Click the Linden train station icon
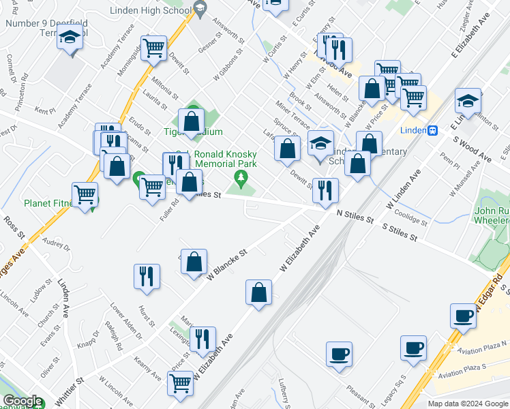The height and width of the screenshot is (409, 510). click(x=432, y=130)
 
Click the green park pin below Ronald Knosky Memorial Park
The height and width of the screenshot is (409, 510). click(x=240, y=179)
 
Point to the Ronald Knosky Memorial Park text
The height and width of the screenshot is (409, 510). click(x=225, y=160)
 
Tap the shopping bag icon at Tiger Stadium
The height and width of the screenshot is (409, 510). click(x=192, y=122)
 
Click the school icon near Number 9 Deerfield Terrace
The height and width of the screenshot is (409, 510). click(x=69, y=39)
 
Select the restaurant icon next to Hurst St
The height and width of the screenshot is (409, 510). click(x=147, y=276)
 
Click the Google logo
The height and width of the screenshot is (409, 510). click(x=22, y=401)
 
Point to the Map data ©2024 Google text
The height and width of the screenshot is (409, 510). click(x=467, y=403)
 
